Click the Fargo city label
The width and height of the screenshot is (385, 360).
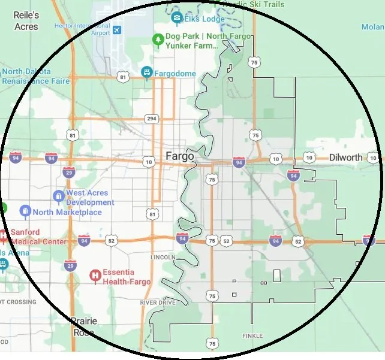pyautogui.click(x=179, y=156)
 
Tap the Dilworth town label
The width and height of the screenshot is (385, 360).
pyautogui.click(x=345, y=158)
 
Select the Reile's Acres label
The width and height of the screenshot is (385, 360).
pyautogui.click(x=26, y=21)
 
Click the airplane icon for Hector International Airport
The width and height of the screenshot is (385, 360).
pyautogui.click(x=116, y=30)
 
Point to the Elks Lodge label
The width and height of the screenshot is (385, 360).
pyautogui.click(x=204, y=19)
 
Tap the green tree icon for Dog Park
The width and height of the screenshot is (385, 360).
pyautogui.click(x=158, y=40)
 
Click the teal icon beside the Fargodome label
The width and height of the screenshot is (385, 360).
pyautogui.click(x=146, y=72)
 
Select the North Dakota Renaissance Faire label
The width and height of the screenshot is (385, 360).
pyautogui.click(x=35, y=76)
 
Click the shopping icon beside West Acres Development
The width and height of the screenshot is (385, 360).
pyautogui.click(x=58, y=196)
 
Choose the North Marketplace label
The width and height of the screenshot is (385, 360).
pyautogui.click(x=67, y=212)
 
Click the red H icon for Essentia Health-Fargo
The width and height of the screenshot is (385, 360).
pyautogui.click(x=94, y=276)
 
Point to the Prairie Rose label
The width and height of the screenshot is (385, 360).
pyautogui.click(x=83, y=326)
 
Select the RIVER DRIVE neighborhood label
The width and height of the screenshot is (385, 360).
pyautogui.click(x=158, y=303)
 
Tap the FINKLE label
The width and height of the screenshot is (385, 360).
pyautogui.click(x=252, y=336)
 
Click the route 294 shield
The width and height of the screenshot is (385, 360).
pyautogui.click(x=152, y=119)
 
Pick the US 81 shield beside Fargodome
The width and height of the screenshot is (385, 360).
pyautogui.click(x=123, y=77)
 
